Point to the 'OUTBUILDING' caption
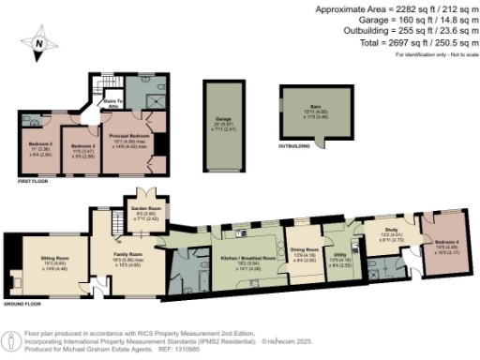click(298, 145)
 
